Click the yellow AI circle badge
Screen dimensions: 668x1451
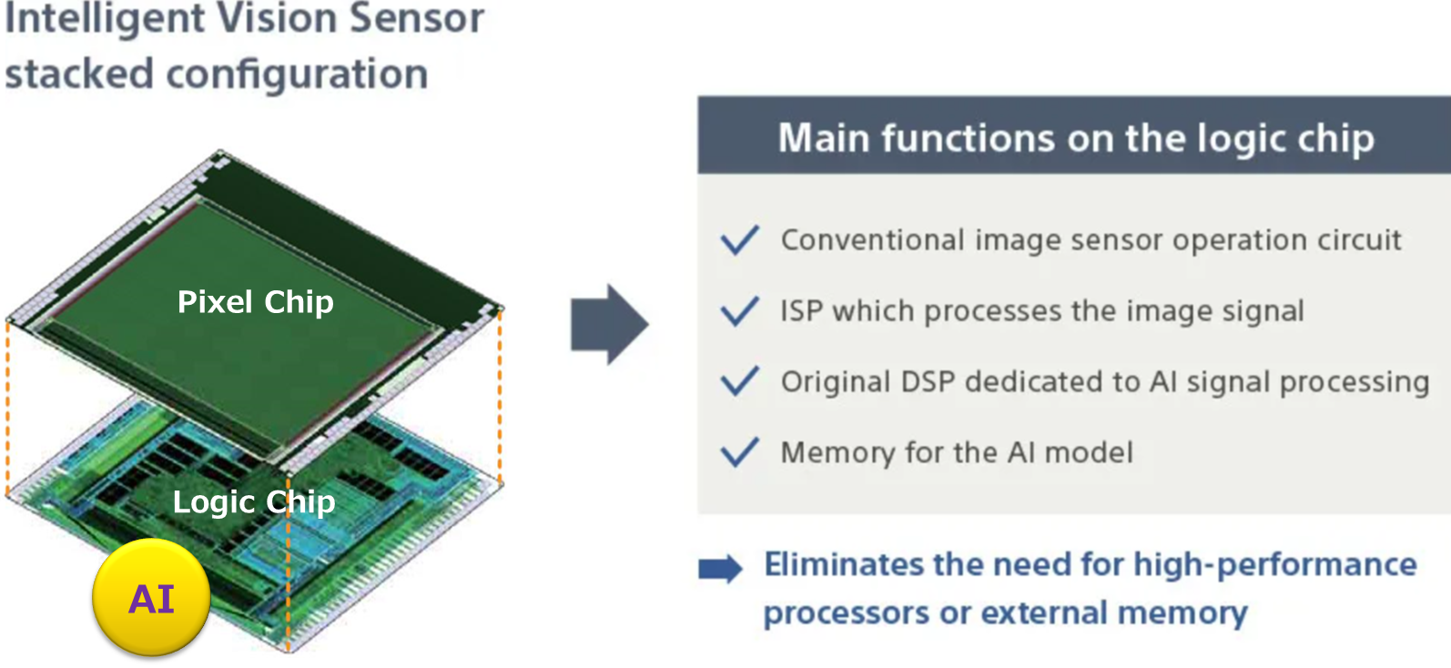151,597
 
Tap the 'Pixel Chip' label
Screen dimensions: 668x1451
255,302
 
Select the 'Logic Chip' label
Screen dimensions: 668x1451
254,501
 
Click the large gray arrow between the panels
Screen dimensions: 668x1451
609,325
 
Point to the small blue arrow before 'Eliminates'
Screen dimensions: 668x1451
720,569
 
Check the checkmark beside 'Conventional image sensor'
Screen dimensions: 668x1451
739,240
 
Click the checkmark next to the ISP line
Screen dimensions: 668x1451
739,311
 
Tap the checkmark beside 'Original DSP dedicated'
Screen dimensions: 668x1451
739,381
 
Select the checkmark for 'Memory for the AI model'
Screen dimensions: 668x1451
739,452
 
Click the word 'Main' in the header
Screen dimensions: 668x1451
823,138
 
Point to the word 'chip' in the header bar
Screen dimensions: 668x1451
1335,138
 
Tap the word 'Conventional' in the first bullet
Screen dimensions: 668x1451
872,240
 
